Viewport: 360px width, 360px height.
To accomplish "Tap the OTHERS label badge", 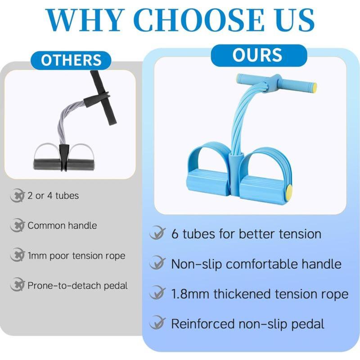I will [x=71, y=60].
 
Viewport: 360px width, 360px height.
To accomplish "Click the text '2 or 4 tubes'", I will [x=53, y=196].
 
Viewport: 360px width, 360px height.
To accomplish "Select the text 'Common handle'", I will [x=62, y=225].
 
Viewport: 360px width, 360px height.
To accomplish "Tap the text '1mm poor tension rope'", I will [x=76, y=256].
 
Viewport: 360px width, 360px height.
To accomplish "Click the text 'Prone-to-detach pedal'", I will [x=77, y=285].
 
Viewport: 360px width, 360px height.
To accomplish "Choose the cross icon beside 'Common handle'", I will [x=17, y=225].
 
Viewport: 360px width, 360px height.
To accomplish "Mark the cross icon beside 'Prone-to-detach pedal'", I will [x=17, y=285].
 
